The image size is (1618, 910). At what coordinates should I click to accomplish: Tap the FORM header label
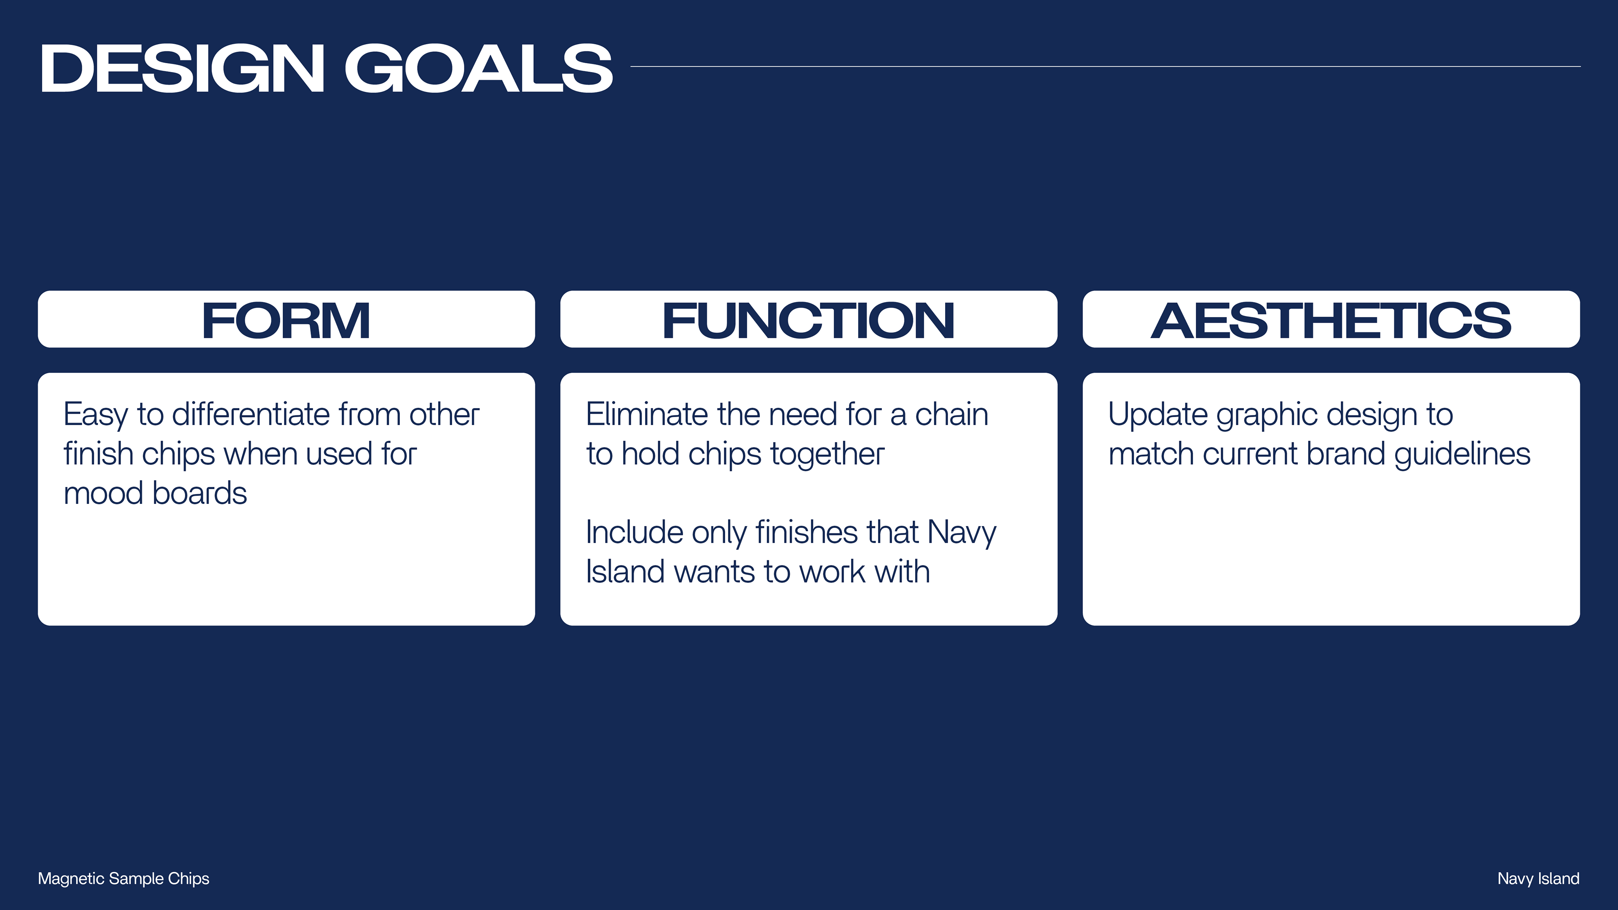pos(286,321)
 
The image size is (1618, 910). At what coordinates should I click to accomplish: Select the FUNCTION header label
pos(809,321)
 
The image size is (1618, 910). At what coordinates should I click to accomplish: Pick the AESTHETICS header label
pos(1331,321)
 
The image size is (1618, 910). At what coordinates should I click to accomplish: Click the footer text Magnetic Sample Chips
pos(124,878)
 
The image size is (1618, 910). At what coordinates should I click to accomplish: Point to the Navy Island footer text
pos(1538,878)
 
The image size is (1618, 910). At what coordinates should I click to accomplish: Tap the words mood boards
pos(155,493)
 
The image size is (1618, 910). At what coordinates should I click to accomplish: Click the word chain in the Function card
pos(951,415)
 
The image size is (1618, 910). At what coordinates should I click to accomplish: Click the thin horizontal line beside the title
pos(1106,67)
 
